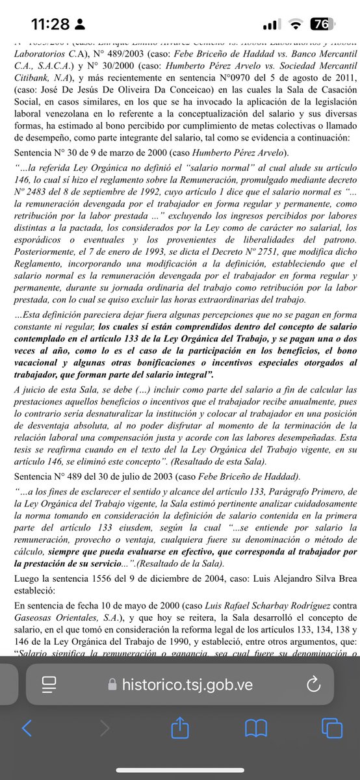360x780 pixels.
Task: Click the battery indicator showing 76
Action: pyautogui.click(x=319, y=24)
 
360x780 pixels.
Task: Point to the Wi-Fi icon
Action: pyautogui.click(x=296, y=24)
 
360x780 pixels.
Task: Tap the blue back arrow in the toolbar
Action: pyautogui.click(x=27, y=728)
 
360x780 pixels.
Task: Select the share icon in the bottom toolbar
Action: pyautogui.click(x=179, y=728)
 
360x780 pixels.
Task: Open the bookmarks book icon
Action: pyautogui.click(x=256, y=728)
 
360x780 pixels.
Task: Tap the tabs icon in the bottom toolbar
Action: pyautogui.click(x=331, y=728)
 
